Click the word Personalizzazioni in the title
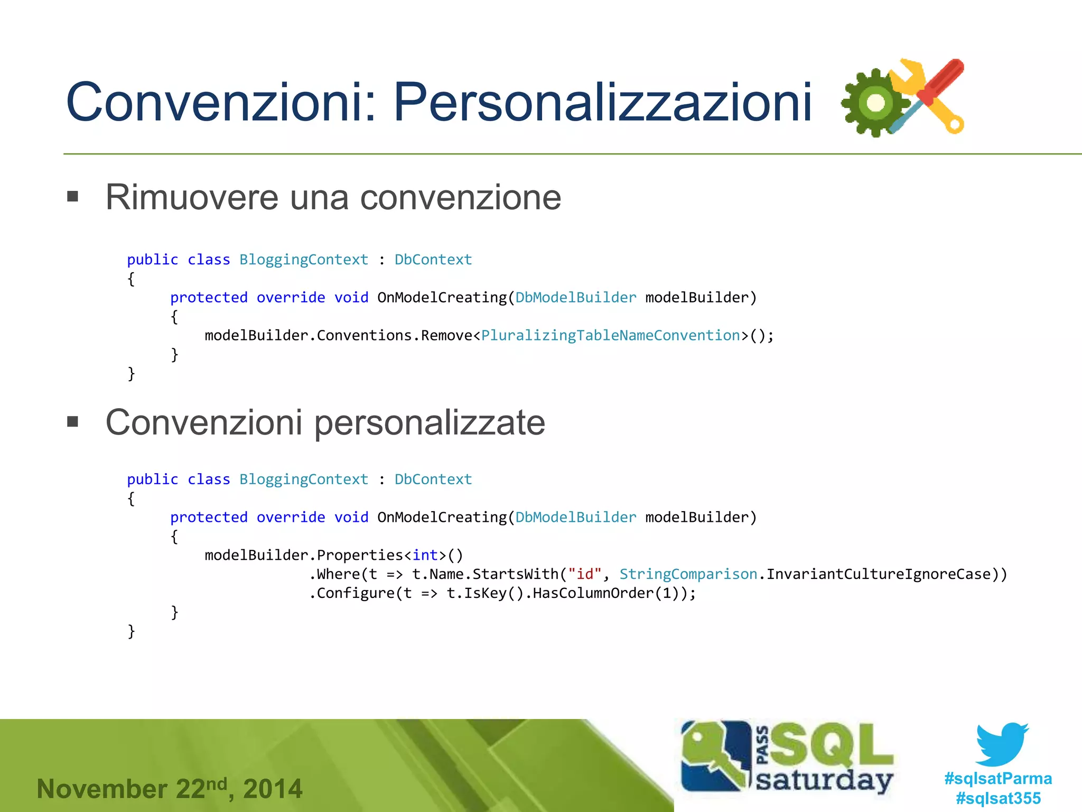click(602, 102)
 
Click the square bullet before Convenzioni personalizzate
click(73, 422)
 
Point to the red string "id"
click(585, 574)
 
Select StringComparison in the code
click(688, 574)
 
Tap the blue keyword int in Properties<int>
click(425, 555)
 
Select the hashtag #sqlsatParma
click(998, 778)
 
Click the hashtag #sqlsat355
click(998, 798)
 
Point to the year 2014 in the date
click(273, 789)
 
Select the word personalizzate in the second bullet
click(430, 423)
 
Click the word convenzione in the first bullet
click(460, 197)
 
